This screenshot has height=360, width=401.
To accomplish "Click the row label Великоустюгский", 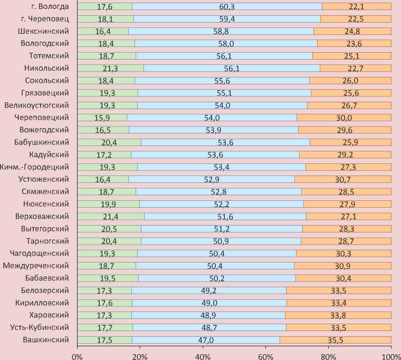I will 36,105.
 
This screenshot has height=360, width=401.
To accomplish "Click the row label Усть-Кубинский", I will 40,327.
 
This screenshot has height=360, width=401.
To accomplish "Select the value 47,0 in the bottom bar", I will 206,339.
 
